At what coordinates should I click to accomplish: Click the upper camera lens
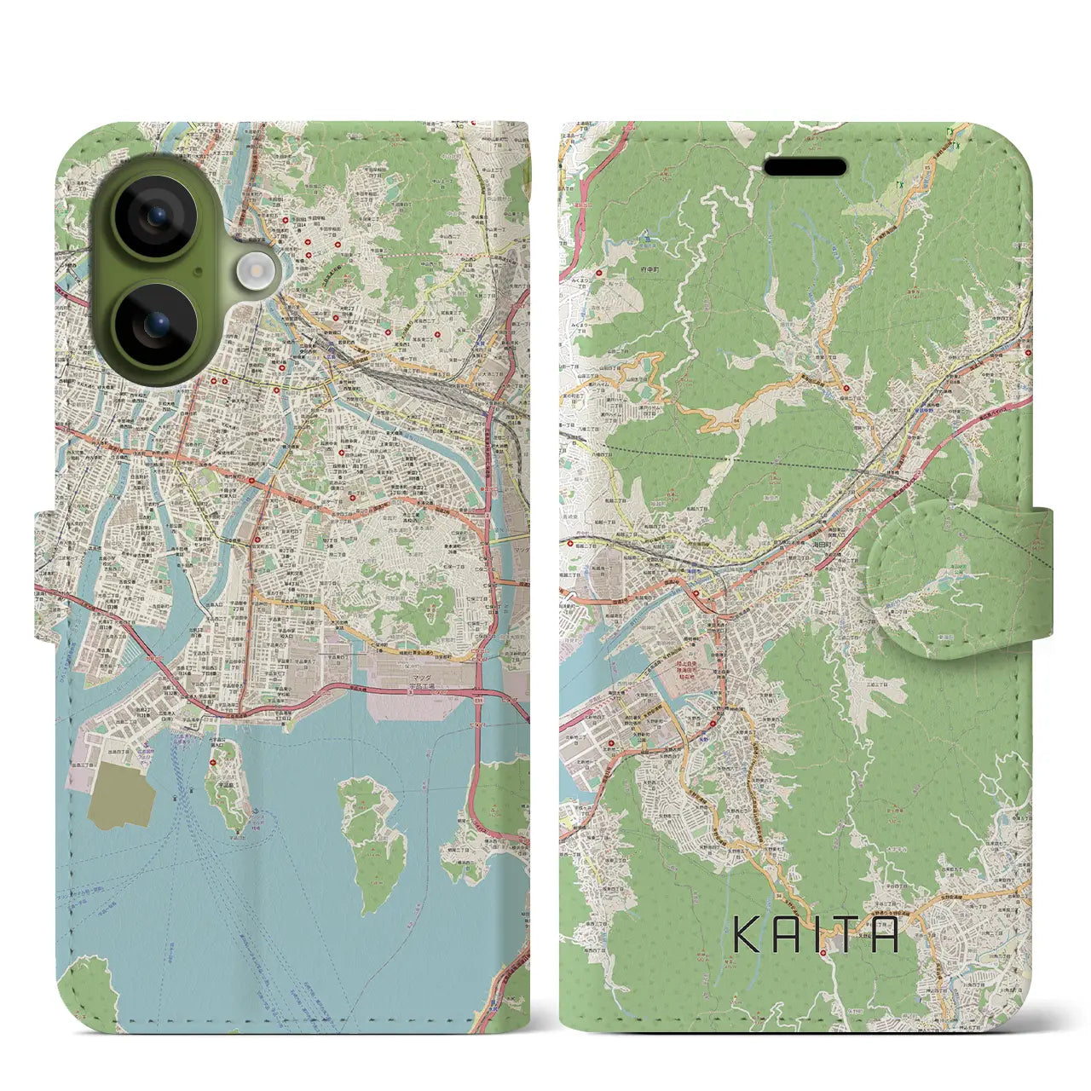(156, 218)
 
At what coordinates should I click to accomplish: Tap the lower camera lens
(156, 325)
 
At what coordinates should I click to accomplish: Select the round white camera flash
(254, 271)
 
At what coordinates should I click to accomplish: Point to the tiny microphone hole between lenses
(198, 272)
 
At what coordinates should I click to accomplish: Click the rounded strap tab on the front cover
(959, 578)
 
